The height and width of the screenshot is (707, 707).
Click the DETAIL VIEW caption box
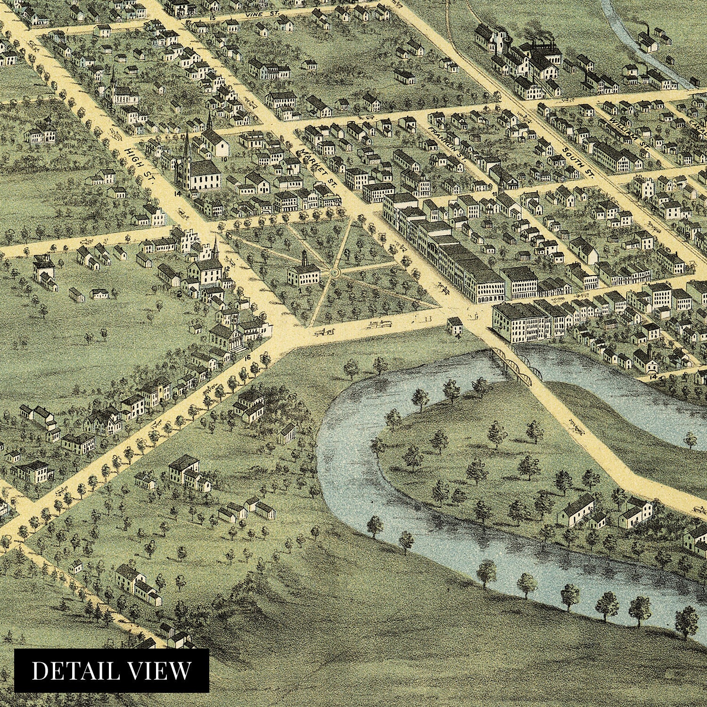pyautogui.click(x=112, y=671)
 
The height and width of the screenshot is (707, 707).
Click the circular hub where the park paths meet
pyautogui.click(x=334, y=272)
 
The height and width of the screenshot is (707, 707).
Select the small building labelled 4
pyautogui.click(x=455, y=325)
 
